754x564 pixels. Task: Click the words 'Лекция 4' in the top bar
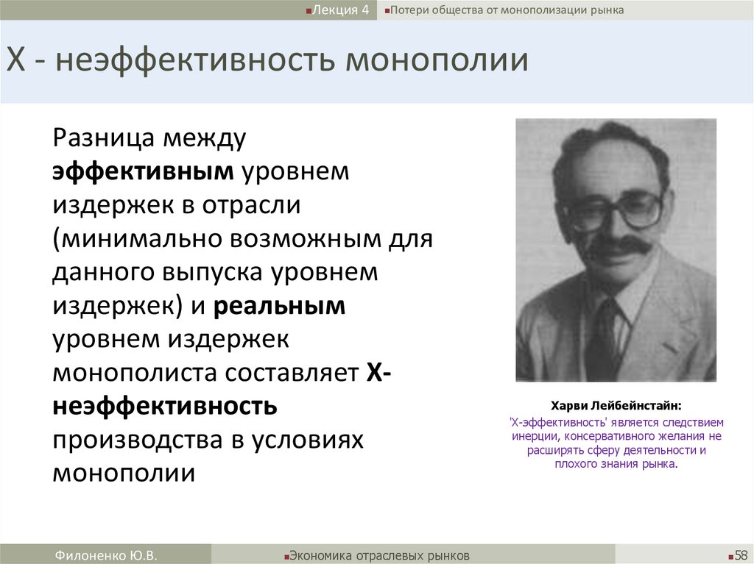click(x=340, y=10)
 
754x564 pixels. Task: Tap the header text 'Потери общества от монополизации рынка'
click(x=507, y=10)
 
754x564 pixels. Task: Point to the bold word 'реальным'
click(x=280, y=306)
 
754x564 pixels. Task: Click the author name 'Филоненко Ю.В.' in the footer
click(x=106, y=554)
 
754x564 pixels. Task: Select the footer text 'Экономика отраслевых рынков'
click(x=379, y=554)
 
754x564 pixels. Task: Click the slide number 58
click(x=740, y=554)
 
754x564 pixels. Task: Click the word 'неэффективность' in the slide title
click(x=194, y=60)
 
